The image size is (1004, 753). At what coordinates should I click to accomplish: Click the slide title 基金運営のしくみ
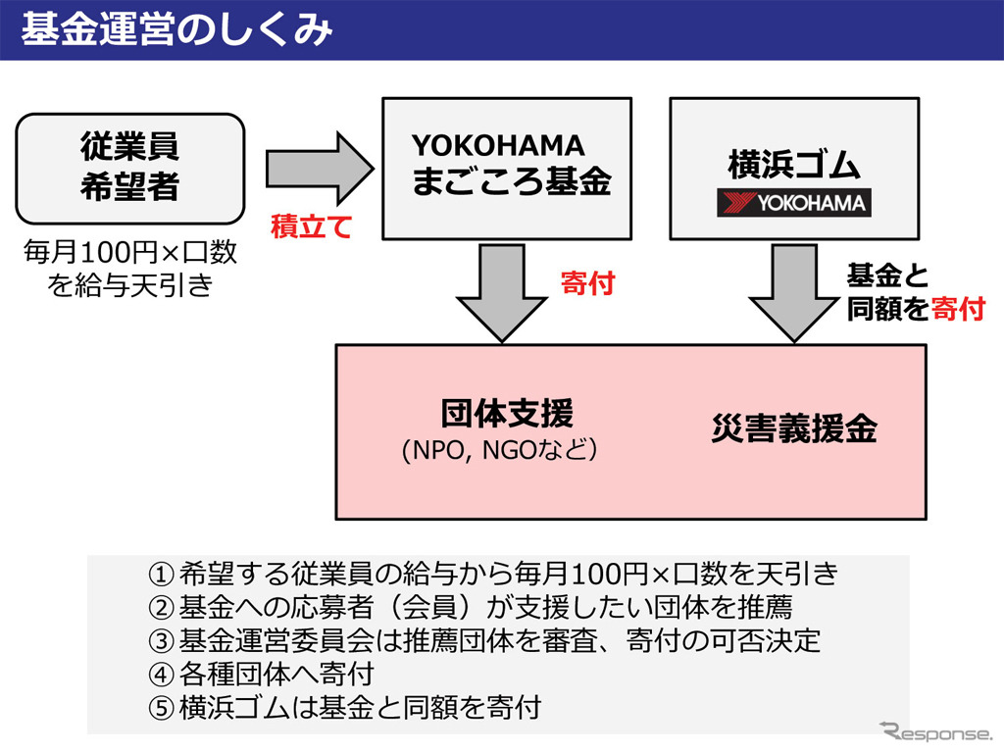tap(177, 29)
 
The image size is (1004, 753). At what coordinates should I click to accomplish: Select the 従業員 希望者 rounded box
tap(129, 168)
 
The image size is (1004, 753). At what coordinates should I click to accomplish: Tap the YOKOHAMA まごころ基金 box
tap(506, 168)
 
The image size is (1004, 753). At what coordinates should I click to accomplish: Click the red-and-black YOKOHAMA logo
tap(793, 203)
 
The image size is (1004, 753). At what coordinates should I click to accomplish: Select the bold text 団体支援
tap(506, 415)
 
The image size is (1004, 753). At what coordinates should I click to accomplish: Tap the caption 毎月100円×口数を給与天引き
tap(130, 270)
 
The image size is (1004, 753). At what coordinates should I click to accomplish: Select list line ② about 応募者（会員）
tap(480, 607)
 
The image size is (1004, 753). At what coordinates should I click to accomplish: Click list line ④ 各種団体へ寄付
tap(275, 674)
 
